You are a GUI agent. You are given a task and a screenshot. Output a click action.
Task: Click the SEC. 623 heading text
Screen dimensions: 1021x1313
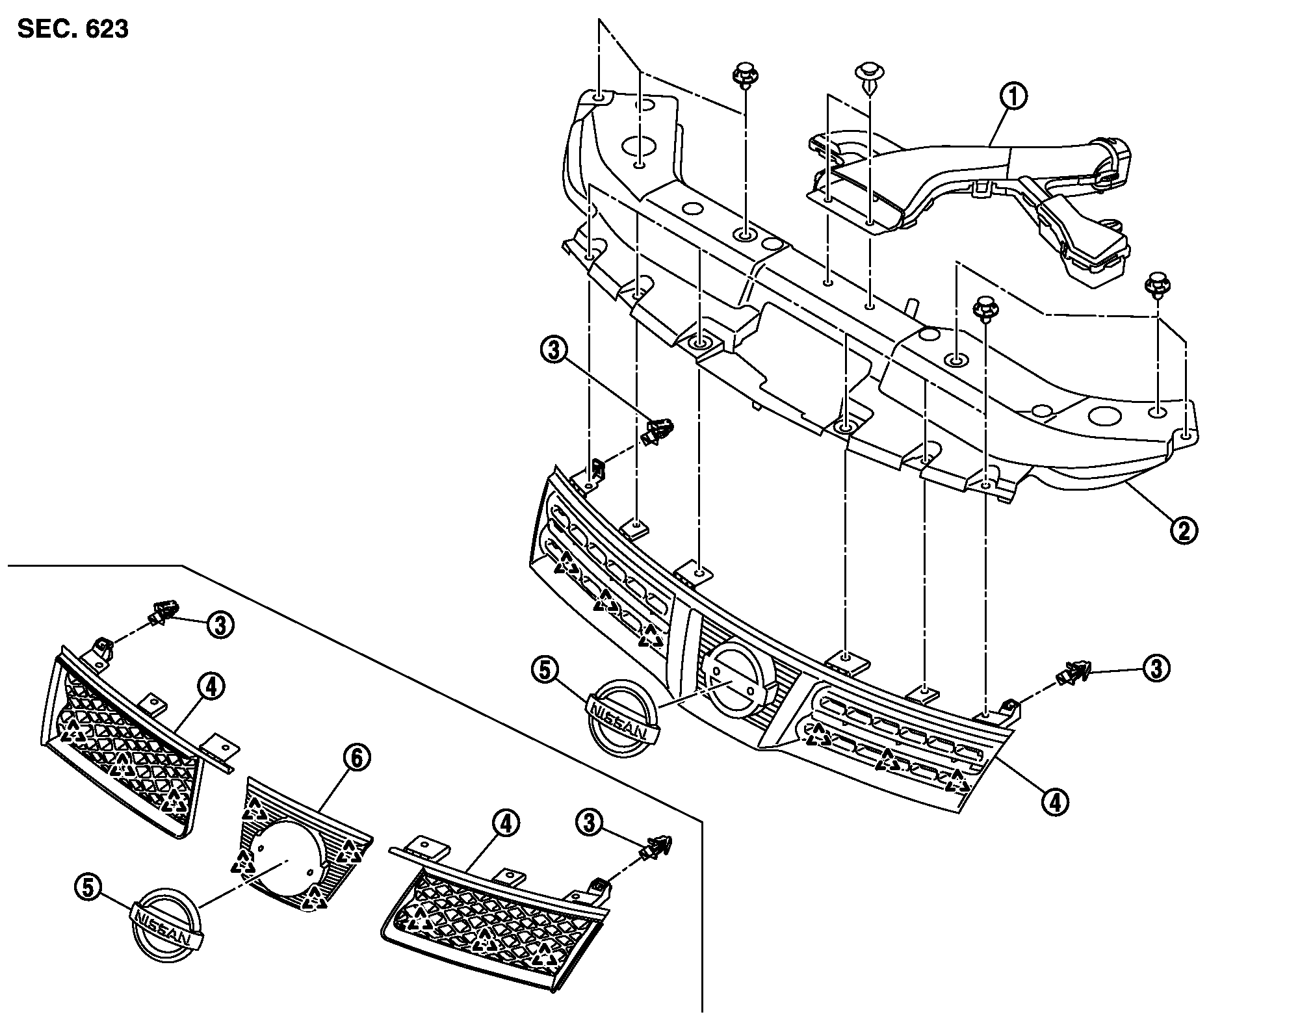click(x=73, y=29)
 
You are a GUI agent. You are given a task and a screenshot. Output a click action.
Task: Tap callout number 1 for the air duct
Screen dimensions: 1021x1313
click(x=1013, y=97)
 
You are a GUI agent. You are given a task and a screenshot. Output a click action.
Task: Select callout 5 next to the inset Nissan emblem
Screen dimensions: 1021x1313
click(x=89, y=888)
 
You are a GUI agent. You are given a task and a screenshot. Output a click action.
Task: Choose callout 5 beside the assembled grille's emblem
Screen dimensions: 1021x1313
click(x=545, y=670)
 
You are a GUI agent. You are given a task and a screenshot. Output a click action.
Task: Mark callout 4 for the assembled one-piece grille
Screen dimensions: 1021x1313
click(x=1055, y=801)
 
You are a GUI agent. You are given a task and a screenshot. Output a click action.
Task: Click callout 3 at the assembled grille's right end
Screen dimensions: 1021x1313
click(x=1156, y=669)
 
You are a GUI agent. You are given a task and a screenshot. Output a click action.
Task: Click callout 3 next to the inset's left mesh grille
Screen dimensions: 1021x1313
click(x=220, y=625)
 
